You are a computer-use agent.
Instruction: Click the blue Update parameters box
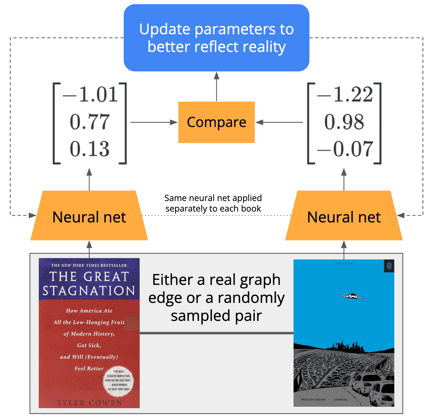pos(216,38)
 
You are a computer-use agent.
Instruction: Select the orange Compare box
pos(216,122)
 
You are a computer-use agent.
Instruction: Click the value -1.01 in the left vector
pos(90,94)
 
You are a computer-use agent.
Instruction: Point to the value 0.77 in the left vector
pos(90,122)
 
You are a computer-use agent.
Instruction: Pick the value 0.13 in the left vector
pos(90,149)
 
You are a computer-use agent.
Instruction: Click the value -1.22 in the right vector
pos(345,94)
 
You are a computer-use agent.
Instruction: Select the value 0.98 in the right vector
pos(344,122)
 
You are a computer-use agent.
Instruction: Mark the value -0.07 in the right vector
pos(345,149)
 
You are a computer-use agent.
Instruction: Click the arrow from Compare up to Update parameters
pos(216,87)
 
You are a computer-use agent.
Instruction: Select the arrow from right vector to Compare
pos(279,122)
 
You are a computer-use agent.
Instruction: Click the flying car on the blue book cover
pos(352,297)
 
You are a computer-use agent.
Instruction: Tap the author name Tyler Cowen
pos(89,403)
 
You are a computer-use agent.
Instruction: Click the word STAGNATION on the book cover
pos(89,291)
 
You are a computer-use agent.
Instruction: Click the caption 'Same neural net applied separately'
pos(213,203)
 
